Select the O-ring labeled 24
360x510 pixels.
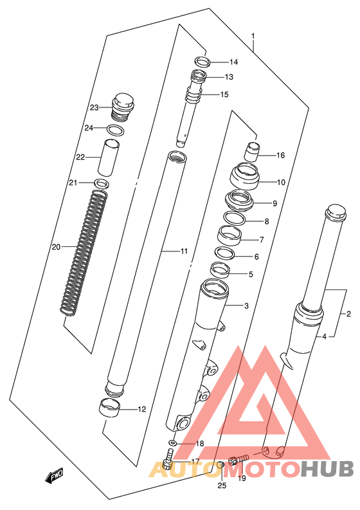116,130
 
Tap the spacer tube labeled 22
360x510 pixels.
109,158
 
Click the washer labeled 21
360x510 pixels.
102,183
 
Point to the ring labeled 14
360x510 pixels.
202,62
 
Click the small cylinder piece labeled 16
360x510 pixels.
252,151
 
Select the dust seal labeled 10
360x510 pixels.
244,176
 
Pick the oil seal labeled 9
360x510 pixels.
239,201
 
